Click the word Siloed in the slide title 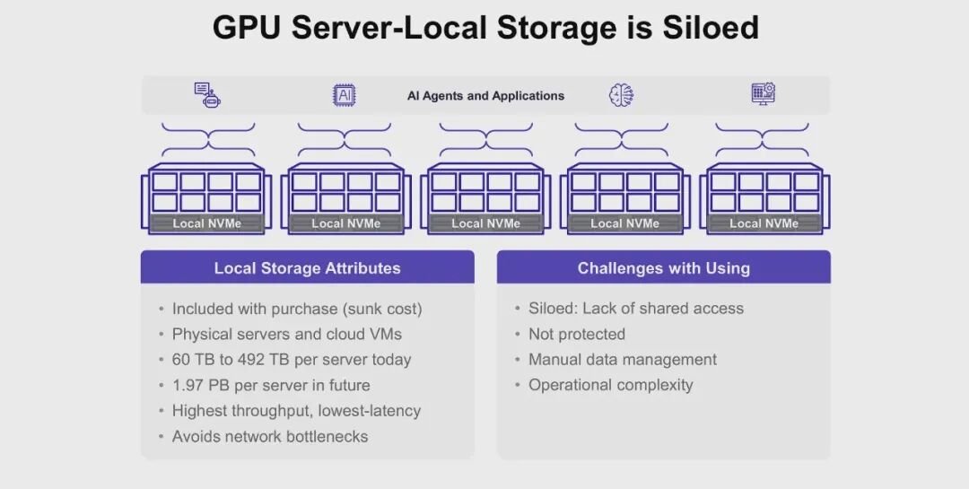point(711,27)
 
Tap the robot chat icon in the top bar point(207,94)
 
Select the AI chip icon point(345,95)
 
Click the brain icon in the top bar point(621,95)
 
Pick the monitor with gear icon point(763,93)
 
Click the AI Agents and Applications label point(485,96)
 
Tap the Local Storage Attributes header point(307,268)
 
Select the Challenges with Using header point(663,268)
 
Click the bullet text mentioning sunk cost point(297,309)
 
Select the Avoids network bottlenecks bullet point(270,437)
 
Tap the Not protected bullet point(576,334)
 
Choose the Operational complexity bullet point(610,385)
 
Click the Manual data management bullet point(622,360)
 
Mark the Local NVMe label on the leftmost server point(206,223)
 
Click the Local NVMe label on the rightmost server point(764,223)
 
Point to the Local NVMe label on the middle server point(485,223)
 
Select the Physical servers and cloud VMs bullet point(286,334)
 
